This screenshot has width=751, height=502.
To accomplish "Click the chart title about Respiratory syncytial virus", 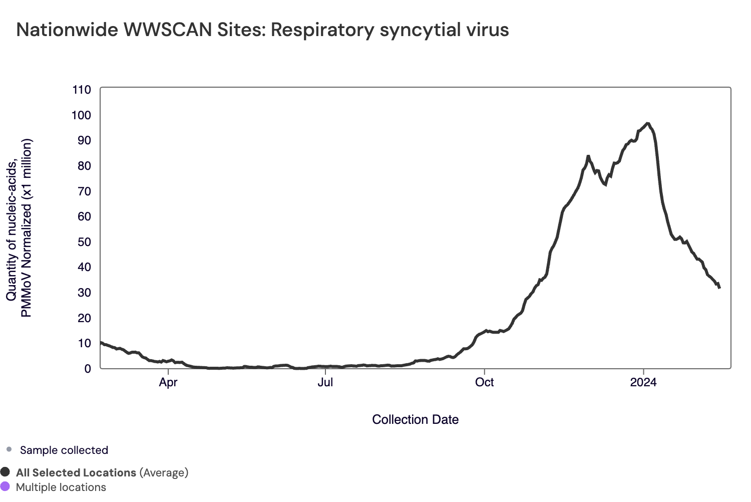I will tap(262, 30).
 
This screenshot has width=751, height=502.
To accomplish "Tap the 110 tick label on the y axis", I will tap(81, 90).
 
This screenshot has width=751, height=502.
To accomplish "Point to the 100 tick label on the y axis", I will tap(81, 115).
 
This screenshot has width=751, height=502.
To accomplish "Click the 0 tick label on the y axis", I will tap(88, 369).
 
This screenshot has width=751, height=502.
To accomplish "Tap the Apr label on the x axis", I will tap(168, 383).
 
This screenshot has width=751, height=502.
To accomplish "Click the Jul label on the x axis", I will tap(325, 383).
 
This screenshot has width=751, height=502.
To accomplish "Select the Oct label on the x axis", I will tap(484, 383).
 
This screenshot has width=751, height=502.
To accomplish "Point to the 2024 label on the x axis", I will tap(643, 383).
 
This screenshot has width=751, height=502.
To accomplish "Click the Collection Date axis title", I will tap(415, 420).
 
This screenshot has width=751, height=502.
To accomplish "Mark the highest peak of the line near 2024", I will tap(648, 123).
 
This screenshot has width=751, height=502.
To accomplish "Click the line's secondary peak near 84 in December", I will tap(588, 156).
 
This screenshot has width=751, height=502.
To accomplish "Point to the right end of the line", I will tap(719, 288).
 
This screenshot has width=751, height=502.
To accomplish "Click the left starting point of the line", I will tap(101, 343).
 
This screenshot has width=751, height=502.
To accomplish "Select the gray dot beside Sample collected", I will tap(9, 449).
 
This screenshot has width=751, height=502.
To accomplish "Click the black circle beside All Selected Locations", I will tap(6, 472).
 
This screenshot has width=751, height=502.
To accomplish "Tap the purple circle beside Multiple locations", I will tap(6, 486).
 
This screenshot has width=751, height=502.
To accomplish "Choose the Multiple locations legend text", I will tap(61, 487).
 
